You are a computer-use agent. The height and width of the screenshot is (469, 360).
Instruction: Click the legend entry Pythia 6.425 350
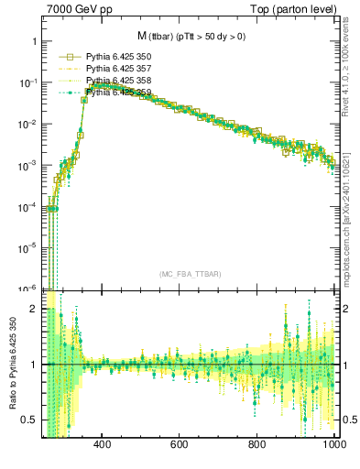pyautogui.click(x=117, y=57)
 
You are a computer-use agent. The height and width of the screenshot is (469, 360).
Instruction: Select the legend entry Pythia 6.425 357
pyautogui.click(x=117, y=69)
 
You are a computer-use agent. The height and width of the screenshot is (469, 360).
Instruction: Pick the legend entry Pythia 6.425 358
pyautogui.click(x=117, y=81)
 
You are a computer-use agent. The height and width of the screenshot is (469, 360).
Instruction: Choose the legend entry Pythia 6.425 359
pyautogui.click(x=117, y=93)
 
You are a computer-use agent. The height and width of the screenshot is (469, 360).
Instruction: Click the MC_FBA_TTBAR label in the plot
pyautogui.click(x=191, y=275)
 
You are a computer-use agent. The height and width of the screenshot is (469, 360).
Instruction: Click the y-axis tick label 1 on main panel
pyautogui.click(x=34, y=42)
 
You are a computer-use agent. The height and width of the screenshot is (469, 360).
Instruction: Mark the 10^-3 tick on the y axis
pyautogui.click(x=27, y=165)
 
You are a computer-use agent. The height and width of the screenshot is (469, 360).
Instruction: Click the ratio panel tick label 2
pyautogui.click(x=34, y=310)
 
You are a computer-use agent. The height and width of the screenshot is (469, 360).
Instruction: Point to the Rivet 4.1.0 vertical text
pyautogui.click(x=351, y=69)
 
